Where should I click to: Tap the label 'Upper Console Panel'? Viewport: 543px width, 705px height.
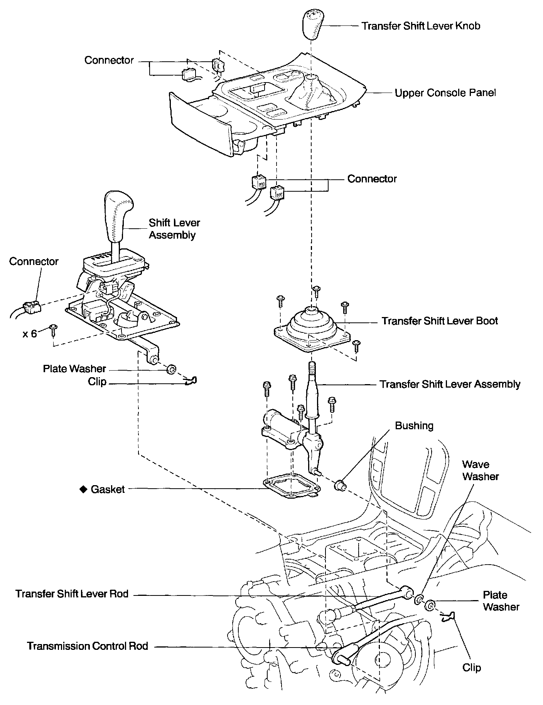(445, 93)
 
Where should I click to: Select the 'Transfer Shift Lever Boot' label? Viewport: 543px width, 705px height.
(440, 321)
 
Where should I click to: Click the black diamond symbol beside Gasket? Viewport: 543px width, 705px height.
(83, 489)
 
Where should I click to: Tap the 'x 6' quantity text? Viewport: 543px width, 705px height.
(30, 334)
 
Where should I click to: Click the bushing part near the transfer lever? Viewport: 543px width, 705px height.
(340, 484)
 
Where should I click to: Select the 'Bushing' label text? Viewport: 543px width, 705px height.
(414, 425)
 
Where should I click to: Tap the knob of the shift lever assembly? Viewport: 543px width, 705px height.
(118, 212)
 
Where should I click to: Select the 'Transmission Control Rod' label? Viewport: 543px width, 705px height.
(88, 646)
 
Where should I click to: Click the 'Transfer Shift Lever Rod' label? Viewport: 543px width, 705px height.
(72, 594)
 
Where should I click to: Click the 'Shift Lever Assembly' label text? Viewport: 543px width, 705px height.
(174, 229)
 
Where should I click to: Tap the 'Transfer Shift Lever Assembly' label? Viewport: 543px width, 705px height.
(450, 384)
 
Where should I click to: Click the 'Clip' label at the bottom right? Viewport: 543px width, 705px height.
(472, 668)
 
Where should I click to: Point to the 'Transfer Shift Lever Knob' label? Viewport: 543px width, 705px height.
(421, 26)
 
